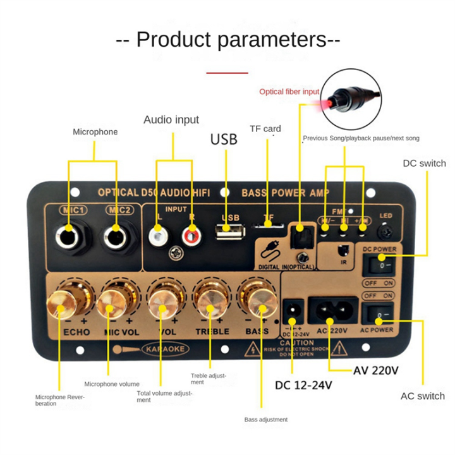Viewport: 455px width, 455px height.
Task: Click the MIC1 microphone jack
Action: [69, 235]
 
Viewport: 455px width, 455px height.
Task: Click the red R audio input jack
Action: [190, 237]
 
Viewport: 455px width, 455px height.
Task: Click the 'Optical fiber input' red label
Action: [289, 92]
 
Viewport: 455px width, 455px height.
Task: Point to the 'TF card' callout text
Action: [265, 129]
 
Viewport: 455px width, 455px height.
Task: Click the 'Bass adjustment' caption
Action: [266, 419]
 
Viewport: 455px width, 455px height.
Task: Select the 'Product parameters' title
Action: [228, 39]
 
